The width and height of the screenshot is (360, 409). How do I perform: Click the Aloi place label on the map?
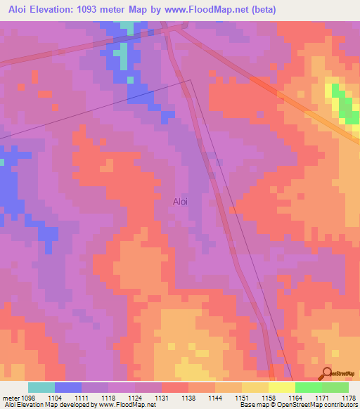181,202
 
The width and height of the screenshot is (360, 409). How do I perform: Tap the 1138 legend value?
189,398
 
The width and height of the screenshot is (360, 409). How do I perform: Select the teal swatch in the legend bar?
41,387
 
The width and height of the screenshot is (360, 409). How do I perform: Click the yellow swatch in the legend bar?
281,387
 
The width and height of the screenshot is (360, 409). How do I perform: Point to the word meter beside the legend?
10,398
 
